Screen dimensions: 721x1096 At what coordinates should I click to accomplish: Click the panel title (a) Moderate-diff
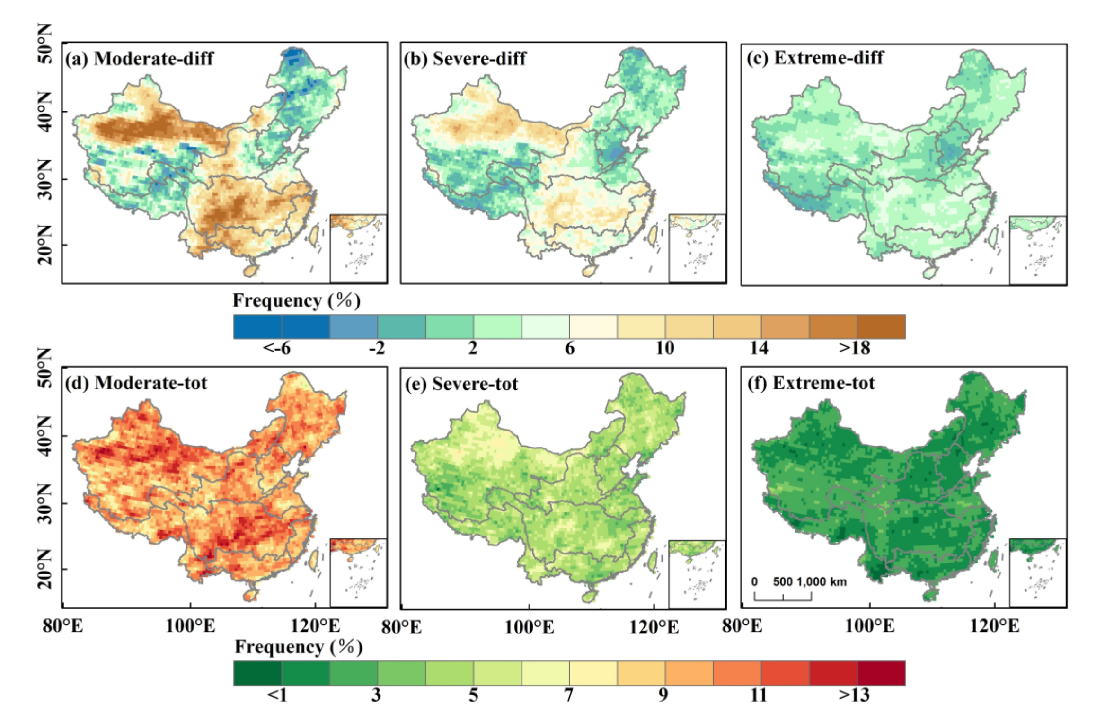pos(140,59)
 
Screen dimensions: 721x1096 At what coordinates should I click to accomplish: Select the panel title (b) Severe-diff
pos(465,59)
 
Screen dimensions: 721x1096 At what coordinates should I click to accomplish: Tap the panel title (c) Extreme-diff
pos(814,58)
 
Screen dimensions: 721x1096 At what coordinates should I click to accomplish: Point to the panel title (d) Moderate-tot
pos(136,383)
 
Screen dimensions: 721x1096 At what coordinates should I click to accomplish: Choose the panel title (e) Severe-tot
pos(461,384)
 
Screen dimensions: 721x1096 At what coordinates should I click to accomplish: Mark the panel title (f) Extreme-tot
pos(811,383)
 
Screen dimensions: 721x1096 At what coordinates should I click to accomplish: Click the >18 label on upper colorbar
pos(854,348)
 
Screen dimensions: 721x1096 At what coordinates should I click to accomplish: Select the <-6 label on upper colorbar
pos(277,348)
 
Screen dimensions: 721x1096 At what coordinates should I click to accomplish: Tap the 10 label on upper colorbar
pos(664,348)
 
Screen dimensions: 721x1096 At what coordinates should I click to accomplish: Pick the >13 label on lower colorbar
pos(854,695)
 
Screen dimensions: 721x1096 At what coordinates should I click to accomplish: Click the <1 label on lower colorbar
pos(277,695)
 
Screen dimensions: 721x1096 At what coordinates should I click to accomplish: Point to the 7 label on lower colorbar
pos(569,695)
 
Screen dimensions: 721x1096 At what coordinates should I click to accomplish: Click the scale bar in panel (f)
pos(783,597)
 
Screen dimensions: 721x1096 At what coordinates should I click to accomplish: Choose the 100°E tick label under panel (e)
pos(529,627)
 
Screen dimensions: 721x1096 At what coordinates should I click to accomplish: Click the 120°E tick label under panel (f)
pos(995,626)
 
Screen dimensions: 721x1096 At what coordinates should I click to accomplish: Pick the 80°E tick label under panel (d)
pos(63,626)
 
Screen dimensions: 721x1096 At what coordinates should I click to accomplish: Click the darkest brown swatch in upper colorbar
pos(881,327)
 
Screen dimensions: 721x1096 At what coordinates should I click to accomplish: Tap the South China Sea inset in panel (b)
pos(697,248)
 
